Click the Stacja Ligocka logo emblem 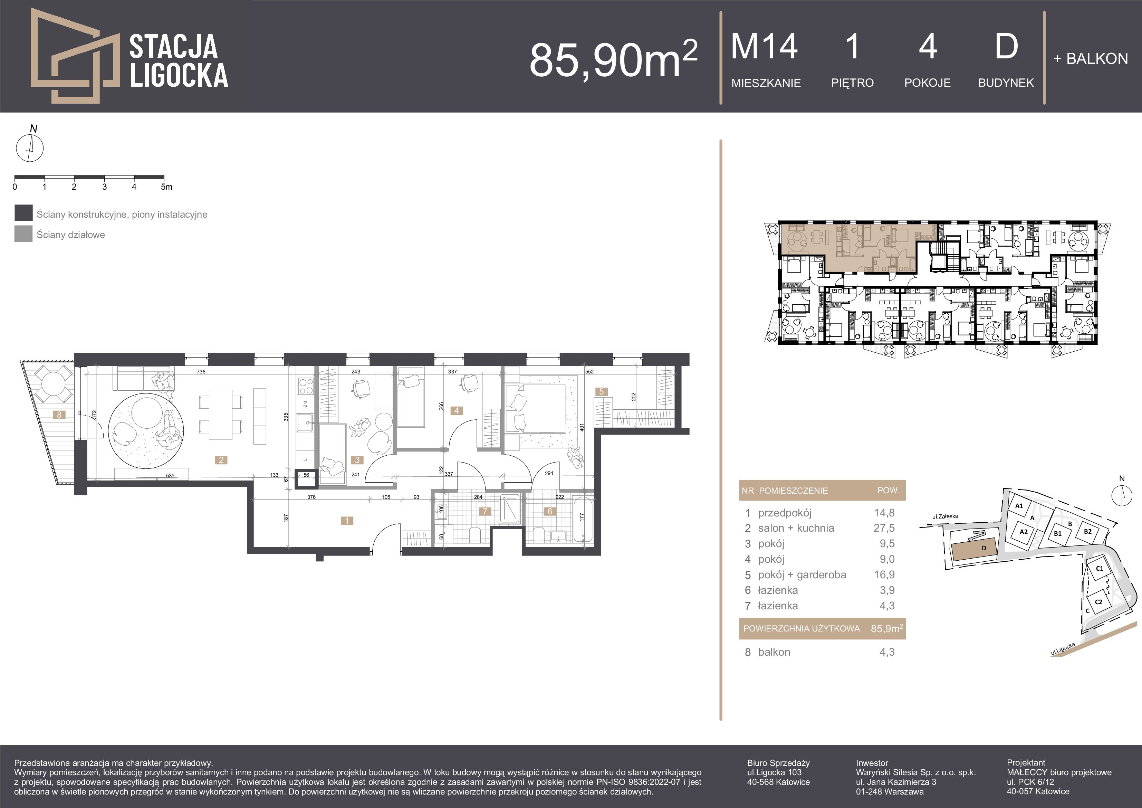(x=75, y=56)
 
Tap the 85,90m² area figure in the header (x=613, y=59)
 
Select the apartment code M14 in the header (x=765, y=46)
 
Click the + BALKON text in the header (x=1090, y=59)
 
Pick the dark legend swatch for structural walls (x=23, y=213)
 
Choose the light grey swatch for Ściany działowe (x=23, y=234)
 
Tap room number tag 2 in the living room (x=221, y=460)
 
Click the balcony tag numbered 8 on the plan (x=59, y=415)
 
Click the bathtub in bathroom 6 (x=583, y=519)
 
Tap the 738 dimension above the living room (x=201, y=371)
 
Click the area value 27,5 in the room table (x=884, y=528)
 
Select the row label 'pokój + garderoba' (x=802, y=575)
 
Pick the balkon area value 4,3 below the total (x=887, y=652)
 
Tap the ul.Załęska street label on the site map (x=945, y=517)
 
